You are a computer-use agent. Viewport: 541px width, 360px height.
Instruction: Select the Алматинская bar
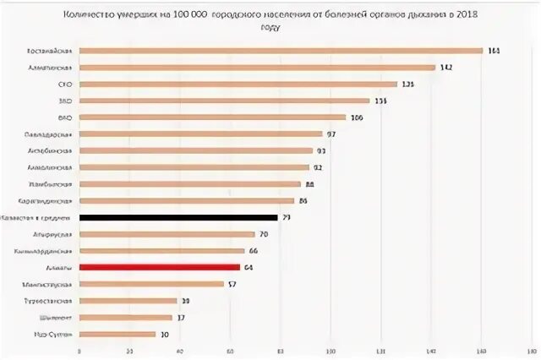257,68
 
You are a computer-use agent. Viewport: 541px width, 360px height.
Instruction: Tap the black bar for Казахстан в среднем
178,217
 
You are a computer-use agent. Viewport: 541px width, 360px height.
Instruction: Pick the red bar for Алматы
160,267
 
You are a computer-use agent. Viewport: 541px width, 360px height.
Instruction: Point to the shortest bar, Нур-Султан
117,334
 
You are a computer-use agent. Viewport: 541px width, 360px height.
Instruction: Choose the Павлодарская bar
200,134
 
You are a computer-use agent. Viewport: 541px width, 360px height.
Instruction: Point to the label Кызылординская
47,251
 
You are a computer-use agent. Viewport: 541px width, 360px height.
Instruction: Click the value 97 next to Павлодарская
331,134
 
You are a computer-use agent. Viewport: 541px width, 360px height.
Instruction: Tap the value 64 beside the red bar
248,267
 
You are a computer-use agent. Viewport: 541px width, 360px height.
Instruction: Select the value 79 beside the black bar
287,217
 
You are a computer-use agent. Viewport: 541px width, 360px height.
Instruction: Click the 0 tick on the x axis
79,349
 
